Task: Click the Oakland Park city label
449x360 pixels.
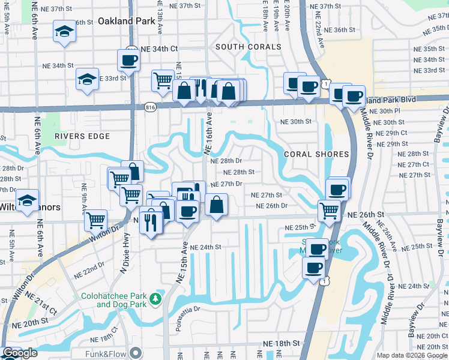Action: click(x=127, y=21)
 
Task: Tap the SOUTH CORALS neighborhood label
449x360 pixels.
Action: click(x=248, y=47)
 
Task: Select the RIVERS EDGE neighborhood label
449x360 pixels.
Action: click(x=82, y=136)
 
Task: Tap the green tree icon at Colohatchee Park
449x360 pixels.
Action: click(x=156, y=298)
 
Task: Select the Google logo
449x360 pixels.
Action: click(x=20, y=353)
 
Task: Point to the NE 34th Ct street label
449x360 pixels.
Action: click(x=160, y=48)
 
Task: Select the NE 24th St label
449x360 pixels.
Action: click(x=205, y=247)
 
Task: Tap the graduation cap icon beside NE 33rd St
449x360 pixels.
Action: click(x=87, y=79)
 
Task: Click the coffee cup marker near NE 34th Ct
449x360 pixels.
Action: click(x=129, y=59)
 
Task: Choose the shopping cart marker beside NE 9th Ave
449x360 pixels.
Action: click(x=96, y=220)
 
